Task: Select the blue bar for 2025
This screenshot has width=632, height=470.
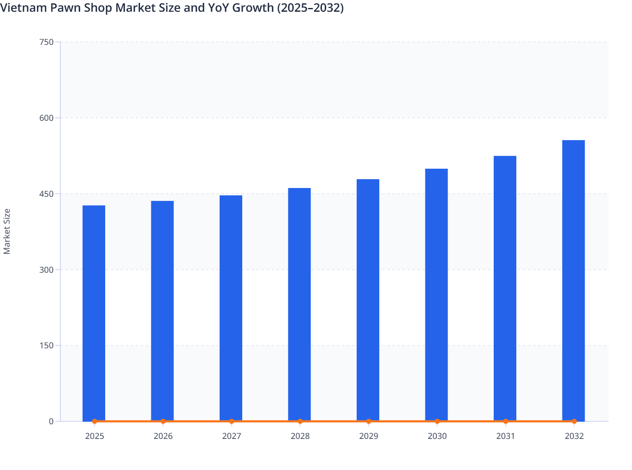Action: [x=94, y=313]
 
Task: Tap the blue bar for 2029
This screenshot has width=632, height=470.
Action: [x=368, y=300]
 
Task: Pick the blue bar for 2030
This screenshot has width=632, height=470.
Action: [x=436, y=295]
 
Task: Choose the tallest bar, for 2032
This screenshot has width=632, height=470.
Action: [x=573, y=280]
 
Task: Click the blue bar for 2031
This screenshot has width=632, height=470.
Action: [x=505, y=288]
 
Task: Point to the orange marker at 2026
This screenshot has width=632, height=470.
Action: [x=163, y=421]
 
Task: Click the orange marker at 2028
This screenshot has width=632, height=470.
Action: [x=300, y=421]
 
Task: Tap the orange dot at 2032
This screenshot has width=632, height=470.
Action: [x=574, y=421]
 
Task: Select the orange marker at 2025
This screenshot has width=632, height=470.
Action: [x=94, y=421]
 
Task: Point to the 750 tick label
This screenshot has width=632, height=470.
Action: [x=46, y=42]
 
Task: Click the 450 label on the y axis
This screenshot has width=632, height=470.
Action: [x=46, y=194]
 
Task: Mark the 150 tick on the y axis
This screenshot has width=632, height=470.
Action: [x=46, y=346]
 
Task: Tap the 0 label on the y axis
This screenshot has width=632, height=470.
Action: [x=51, y=421]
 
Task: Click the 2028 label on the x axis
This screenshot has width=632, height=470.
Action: [x=300, y=436]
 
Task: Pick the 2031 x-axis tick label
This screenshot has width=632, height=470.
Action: [x=505, y=436]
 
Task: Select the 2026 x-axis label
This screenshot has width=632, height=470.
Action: [x=163, y=436]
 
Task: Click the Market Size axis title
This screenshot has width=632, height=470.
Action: [x=7, y=231]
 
